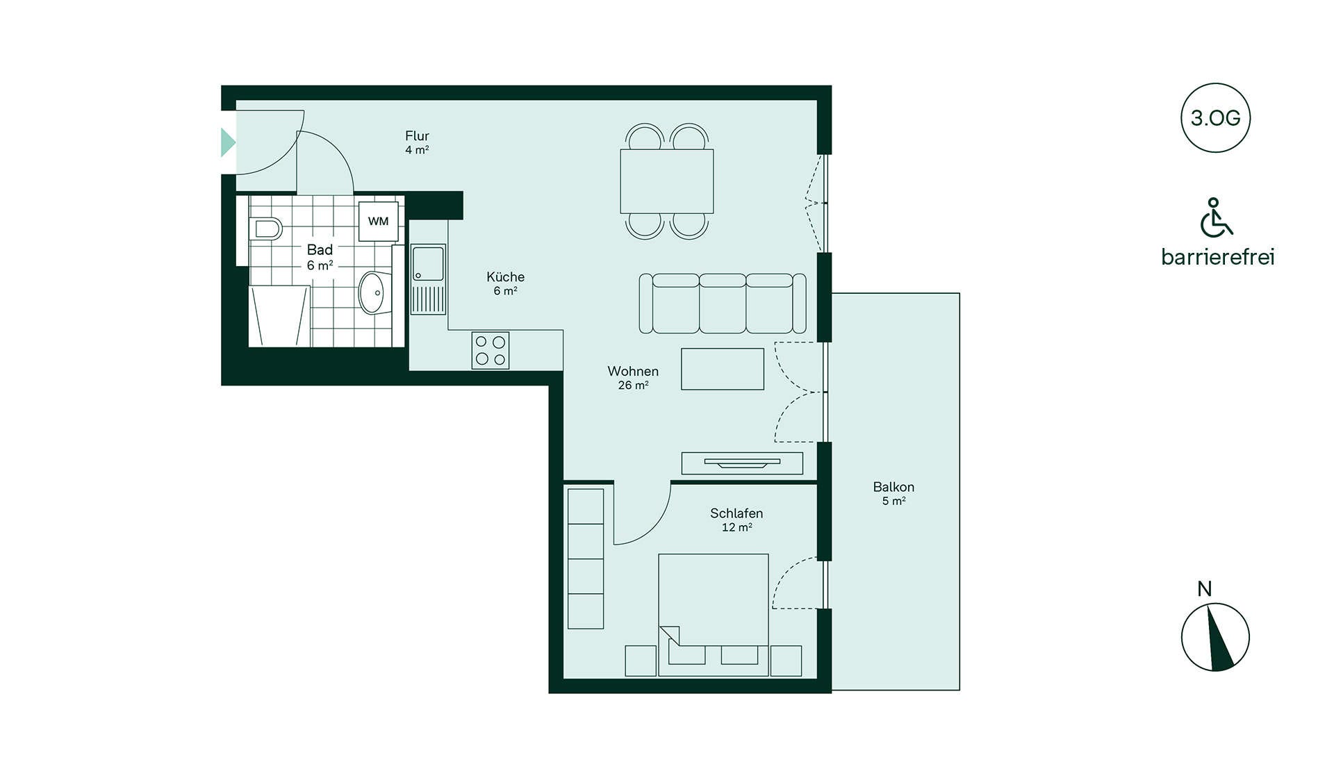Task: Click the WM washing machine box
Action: pyautogui.click(x=378, y=222)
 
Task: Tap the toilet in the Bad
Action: pyautogui.click(x=265, y=228)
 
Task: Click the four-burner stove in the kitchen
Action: pyautogui.click(x=491, y=350)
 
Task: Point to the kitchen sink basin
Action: pyautogui.click(x=428, y=264)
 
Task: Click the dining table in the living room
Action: pyautogui.click(x=667, y=181)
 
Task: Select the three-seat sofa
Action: pyautogui.click(x=723, y=303)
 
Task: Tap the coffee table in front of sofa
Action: pyautogui.click(x=723, y=369)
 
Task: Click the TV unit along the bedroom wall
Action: pyautogui.click(x=742, y=463)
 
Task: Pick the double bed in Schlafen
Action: pyautogui.click(x=714, y=615)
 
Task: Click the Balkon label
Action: pyautogui.click(x=894, y=487)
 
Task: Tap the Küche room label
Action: pyautogui.click(x=506, y=276)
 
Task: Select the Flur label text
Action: pyautogui.click(x=417, y=136)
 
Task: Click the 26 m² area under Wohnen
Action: pyautogui.click(x=634, y=386)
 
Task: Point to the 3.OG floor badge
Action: pyautogui.click(x=1216, y=118)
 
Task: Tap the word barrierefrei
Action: pyautogui.click(x=1218, y=257)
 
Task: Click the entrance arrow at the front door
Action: pyautogui.click(x=228, y=142)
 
